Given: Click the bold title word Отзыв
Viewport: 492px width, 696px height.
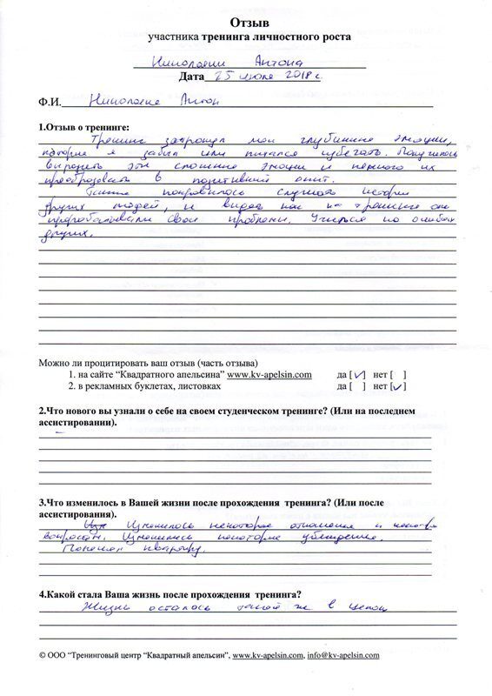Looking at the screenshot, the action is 249,20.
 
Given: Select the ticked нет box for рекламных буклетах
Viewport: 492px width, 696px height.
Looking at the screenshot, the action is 399,385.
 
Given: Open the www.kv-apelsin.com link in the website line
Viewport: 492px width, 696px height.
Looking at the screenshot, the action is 269,375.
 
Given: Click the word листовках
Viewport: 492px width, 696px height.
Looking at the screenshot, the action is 206,385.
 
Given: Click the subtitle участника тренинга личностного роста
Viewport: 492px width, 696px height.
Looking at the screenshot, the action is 249,37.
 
